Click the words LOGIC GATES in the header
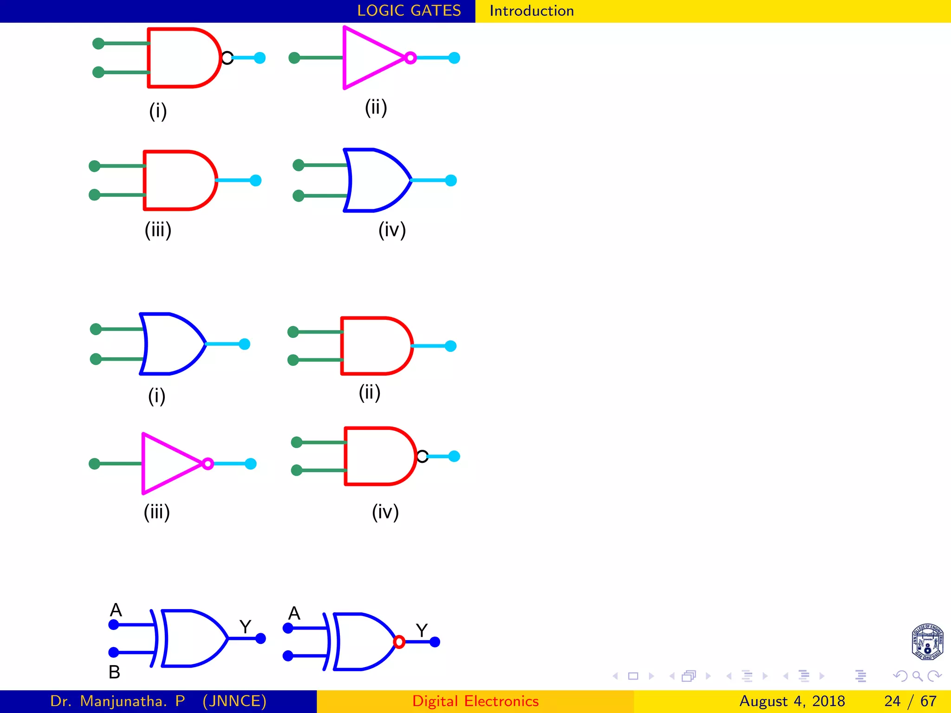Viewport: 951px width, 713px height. point(409,11)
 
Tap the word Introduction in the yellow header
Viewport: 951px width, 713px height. point(531,11)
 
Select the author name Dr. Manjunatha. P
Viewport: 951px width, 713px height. point(117,701)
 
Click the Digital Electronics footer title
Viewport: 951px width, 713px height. point(475,701)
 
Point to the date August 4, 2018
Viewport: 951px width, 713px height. point(792,701)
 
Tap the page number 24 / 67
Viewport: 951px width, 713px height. point(910,701)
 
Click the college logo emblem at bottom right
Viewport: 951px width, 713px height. point(927,642)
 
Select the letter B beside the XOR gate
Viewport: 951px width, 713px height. point(114,672)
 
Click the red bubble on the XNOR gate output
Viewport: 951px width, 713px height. point(399,642)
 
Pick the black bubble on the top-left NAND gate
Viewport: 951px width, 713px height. point(227,58)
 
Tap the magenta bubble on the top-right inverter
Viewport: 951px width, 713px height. point(410,58)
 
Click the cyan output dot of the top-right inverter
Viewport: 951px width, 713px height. point(454,58)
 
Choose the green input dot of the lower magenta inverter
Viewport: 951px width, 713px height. point(95,464)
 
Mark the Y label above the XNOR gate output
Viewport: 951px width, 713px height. point(422,630)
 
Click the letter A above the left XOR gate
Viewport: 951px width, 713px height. point(116,610)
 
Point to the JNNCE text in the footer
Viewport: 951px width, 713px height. point(234,701)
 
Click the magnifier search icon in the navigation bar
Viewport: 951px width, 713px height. point(917,676)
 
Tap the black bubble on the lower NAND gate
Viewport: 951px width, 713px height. point(422,456)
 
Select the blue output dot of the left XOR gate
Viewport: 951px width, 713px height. point(261,638)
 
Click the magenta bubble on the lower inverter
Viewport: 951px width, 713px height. point(208,464)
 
